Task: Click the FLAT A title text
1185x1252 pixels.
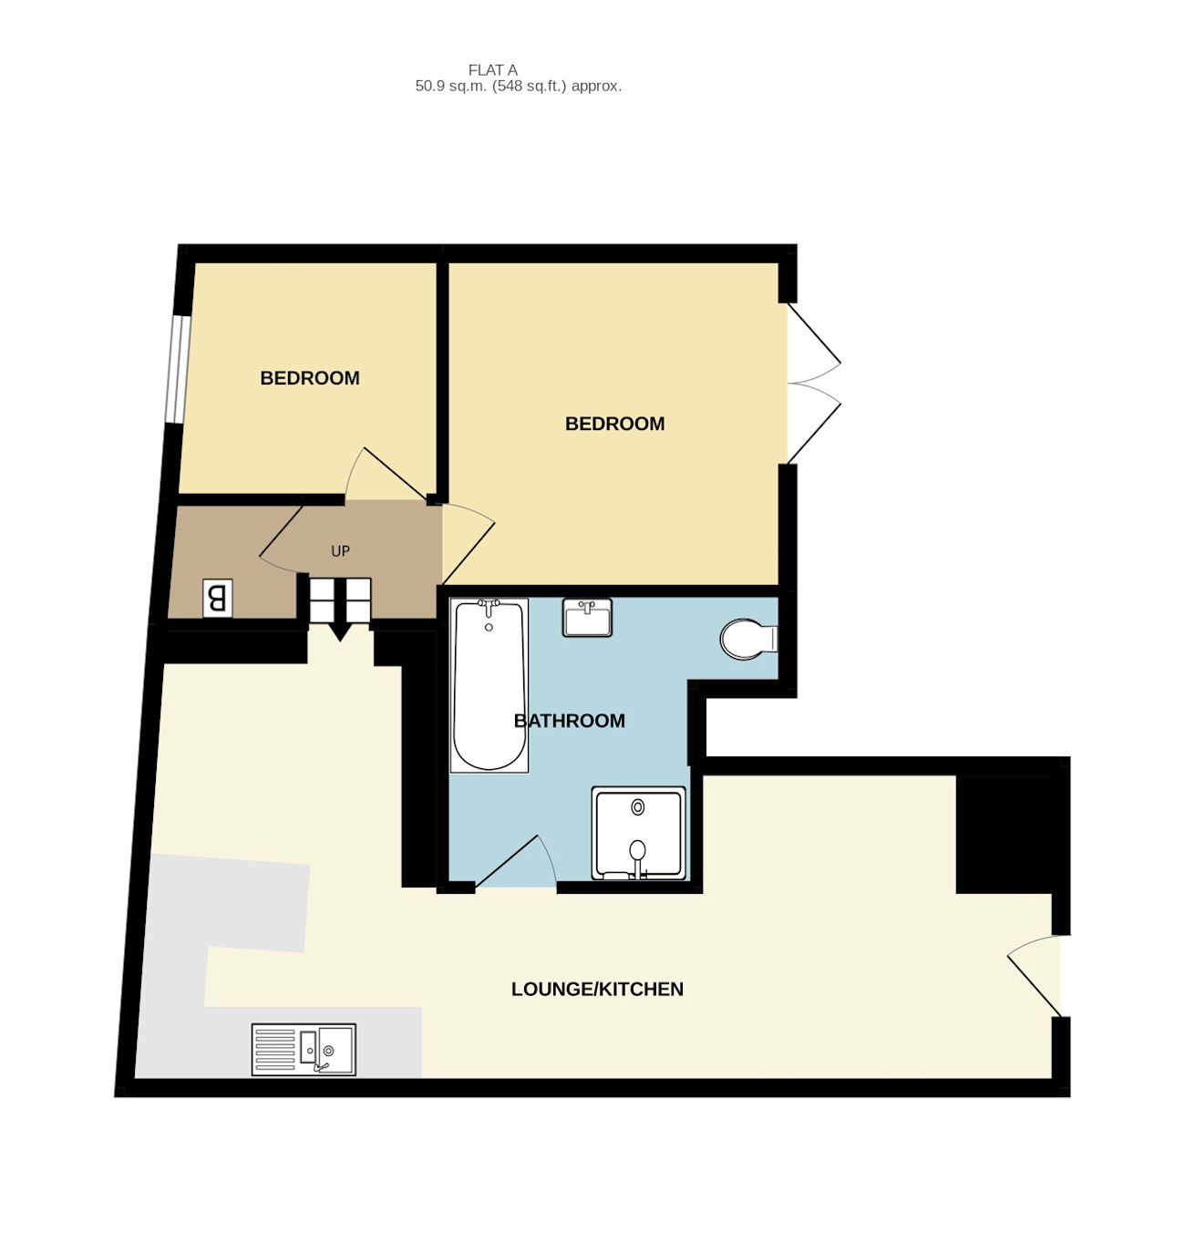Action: tap(492, 70)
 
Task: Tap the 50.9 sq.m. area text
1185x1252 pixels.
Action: tap(518, 87)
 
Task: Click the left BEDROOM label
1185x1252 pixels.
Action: tap(310, 378)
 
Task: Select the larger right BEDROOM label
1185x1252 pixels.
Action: tap(614, 424)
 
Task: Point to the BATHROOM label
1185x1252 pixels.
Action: tap(570, 721)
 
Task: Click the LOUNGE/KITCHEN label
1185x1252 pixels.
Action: tap(597, 990)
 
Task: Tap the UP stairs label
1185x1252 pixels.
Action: tap(340, 551)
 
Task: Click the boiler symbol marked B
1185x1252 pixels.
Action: tap(217, 599)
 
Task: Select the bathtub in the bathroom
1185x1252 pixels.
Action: tap(489, 685)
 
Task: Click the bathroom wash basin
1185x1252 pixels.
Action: tap(587, 618)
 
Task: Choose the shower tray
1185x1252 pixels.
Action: tap(638, 833)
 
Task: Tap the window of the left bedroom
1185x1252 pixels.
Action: tap(178, 369)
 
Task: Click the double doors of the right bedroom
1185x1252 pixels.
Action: tap(813, 384)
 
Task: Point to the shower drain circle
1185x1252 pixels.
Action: tap(638, 807)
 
